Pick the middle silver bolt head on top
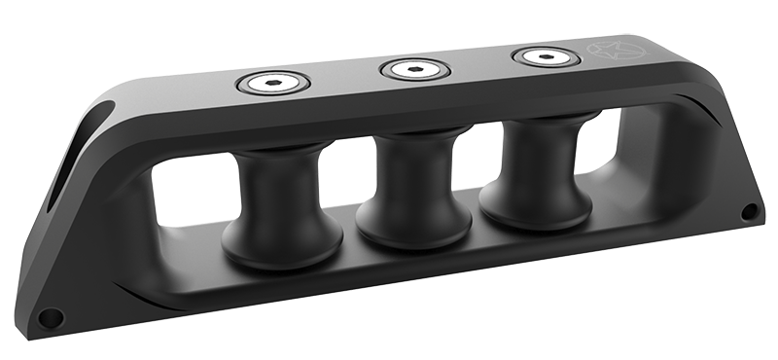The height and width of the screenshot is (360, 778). point(414,69)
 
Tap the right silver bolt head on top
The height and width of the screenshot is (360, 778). point(546,57)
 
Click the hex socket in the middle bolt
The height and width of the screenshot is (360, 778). point(414,69)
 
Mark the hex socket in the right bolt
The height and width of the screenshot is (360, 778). point(546,57)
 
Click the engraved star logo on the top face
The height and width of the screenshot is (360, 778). point(606,51)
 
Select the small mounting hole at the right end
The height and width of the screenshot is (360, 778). point(749,211)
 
